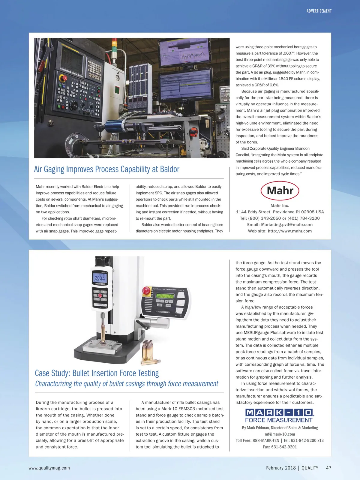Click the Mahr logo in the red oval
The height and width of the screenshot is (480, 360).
(x=280, y=190)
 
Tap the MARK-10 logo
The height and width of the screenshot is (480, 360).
(x=279, y=412)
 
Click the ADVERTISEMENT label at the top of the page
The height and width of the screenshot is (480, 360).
(x=319, y=11)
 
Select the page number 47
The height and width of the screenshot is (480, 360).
(x=328, y=468)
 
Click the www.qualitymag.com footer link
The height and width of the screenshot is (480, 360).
(x=49, y=468)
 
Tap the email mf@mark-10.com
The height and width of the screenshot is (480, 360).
(x=280, y=434)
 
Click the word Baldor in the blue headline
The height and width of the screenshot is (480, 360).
(x=169, y=169)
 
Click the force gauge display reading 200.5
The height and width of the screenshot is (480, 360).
(x=100, y=278)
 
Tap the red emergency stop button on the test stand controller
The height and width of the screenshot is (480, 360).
(x=146, y=290)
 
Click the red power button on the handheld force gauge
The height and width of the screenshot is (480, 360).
(x=100, y=295)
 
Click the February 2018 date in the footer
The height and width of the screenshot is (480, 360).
(x=281, y=468)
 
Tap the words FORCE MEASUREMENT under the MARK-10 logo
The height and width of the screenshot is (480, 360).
(x=279, y=420)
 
